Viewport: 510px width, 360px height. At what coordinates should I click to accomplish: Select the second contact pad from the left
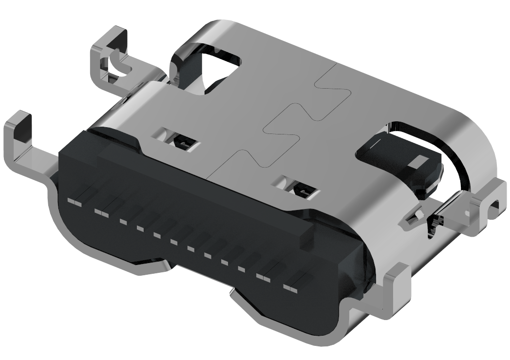(x=101, y=212)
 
